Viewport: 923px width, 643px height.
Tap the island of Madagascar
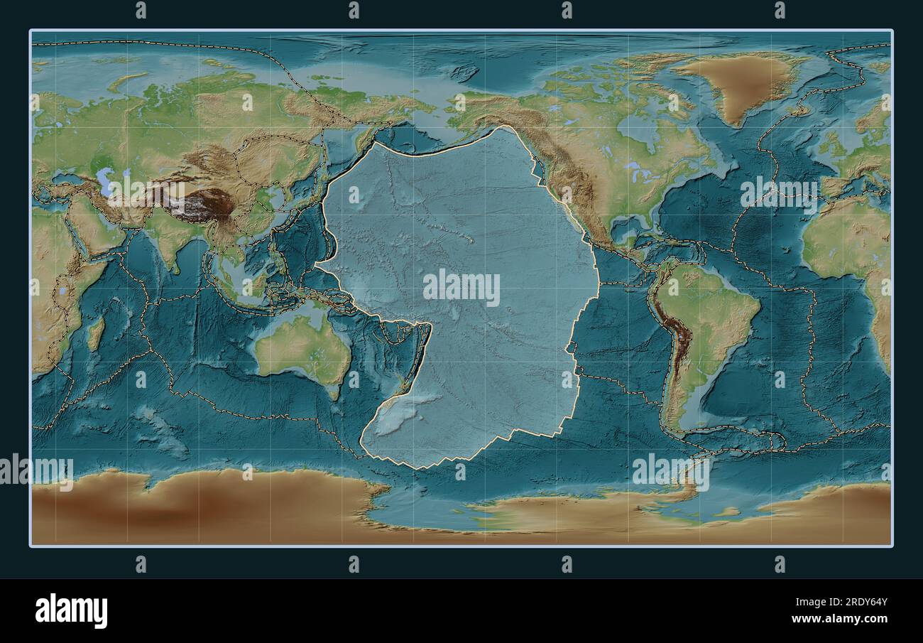(x=94, y=334)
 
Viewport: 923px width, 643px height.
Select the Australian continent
(x=302, y=348)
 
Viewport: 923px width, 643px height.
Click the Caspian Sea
(x=106, y=181)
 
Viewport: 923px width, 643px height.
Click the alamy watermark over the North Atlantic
(x=779, y=195)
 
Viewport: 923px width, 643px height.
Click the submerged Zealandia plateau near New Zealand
(x=398, y=419)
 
